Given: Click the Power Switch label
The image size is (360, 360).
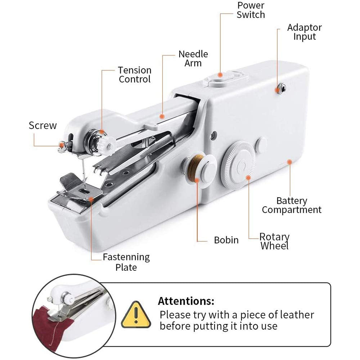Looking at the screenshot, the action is coord(251,10).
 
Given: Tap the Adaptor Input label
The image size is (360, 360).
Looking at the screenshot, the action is coord(305,32).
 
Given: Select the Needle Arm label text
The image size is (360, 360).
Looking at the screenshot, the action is coord(193,59).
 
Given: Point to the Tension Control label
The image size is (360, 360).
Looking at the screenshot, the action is coord(135,75).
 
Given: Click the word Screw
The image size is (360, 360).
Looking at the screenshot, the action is coord(43,125).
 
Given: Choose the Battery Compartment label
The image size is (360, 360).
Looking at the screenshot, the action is coord(292,205).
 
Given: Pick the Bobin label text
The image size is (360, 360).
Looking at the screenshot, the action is coord(226,240).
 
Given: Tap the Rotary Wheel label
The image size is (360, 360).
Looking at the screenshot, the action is coord(274,241).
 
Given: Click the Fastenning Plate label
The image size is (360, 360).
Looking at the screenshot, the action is coord(126,262).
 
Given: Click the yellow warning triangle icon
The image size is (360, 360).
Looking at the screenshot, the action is coord(136,315).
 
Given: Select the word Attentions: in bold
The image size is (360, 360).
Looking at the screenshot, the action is coord(186,301).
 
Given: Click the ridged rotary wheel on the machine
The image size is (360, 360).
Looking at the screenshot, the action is coord(238,165).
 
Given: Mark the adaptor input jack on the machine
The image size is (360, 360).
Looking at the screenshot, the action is coord(281,89).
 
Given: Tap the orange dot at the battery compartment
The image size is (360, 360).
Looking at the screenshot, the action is coord(289,162).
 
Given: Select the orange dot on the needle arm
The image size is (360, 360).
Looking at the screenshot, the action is coord(162,116).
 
